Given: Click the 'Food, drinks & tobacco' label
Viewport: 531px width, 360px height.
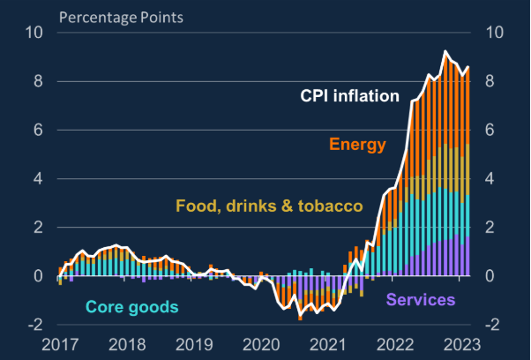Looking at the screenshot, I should click(x=269, y=206).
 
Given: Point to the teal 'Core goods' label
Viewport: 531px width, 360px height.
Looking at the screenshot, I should click(x=131, y=307).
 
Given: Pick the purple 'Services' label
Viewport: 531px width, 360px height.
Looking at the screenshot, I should click(x=421, y=300).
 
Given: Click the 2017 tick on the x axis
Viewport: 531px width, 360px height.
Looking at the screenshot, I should click(x=63, y=345).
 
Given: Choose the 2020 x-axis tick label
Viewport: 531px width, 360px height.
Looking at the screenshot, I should click(x=261, y=345).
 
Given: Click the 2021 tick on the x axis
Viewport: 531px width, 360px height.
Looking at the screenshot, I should click(x=327, y=345).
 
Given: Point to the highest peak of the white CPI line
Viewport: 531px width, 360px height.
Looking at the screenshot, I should click(x=446, y=52).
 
